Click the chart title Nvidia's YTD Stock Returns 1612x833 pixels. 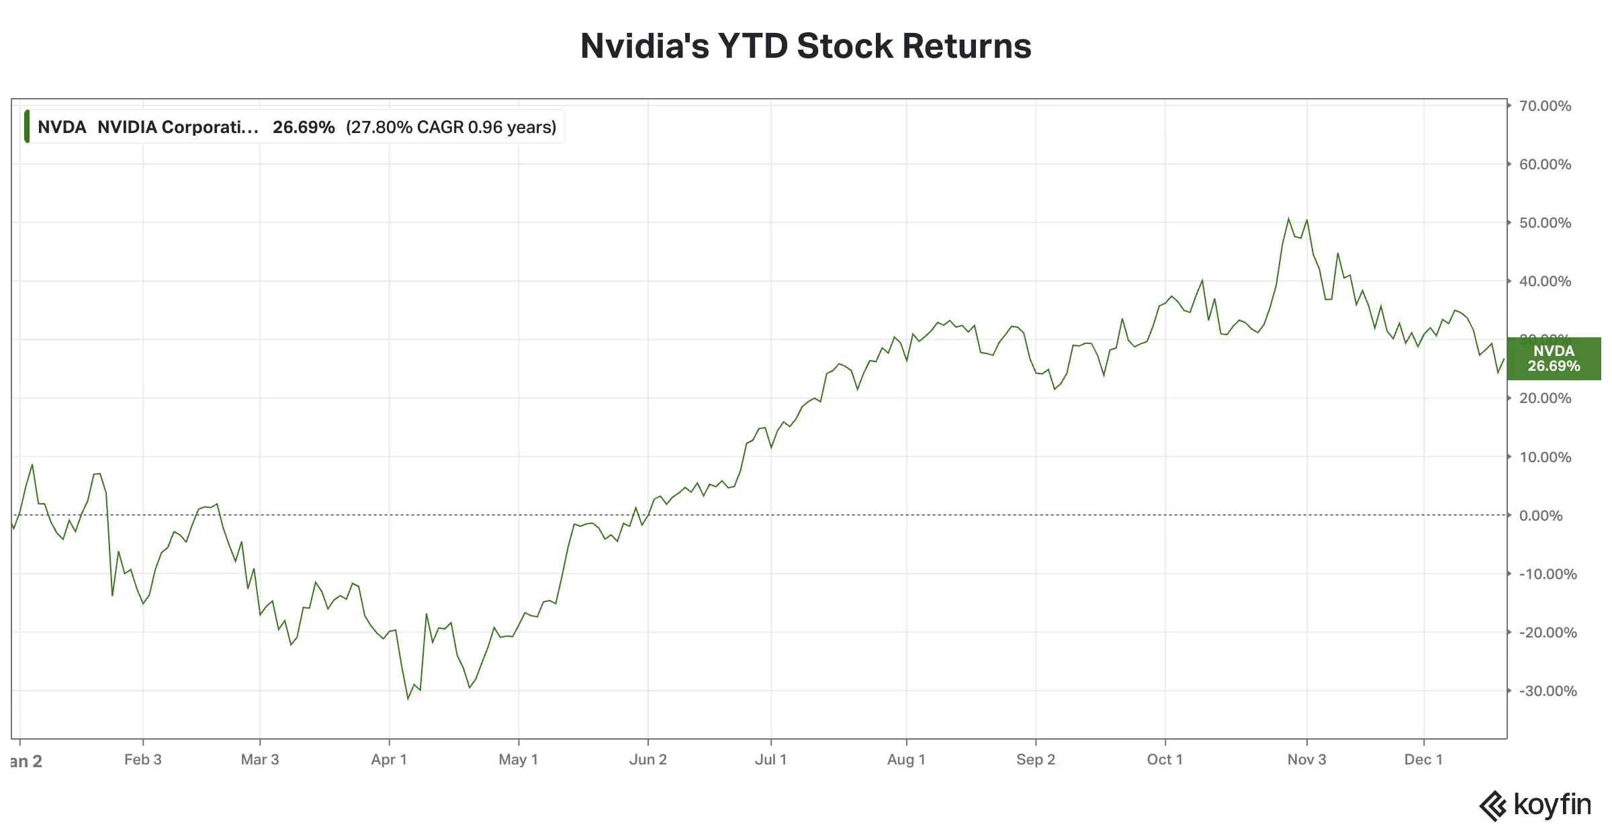click(x=805, y=46)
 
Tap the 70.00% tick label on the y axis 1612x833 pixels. click(x=1545, y=106)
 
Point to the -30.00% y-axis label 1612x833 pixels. click(x=1548, y=691)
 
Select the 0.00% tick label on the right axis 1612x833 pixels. click(x=1541, y=515)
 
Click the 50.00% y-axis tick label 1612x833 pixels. click(x=1545, y=223)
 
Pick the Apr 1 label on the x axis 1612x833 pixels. click(x=389, y=760)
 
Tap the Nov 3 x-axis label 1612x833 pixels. click(x=1306, y=760)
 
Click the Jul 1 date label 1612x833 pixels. click(x=770, y=760)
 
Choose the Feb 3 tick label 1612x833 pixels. click(x=142, y=760)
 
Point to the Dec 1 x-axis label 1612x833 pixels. click(x=1423, y=760)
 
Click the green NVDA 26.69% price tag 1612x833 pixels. click(x=1554, y=359)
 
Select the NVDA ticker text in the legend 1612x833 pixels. click(x=62, y=127)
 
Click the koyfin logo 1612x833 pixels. click(x=1535, y=805)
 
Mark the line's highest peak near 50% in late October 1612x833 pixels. click(x=1288, y=218)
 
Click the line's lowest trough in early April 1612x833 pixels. click(x=408, y=699)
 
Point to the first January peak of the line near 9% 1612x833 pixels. click(x=32, y=464)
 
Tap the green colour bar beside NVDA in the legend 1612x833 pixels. click(x=27, y=127)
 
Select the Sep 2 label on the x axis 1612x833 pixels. click(x=1035, y=760)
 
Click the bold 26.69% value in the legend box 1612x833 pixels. click(x=304, y=127)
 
